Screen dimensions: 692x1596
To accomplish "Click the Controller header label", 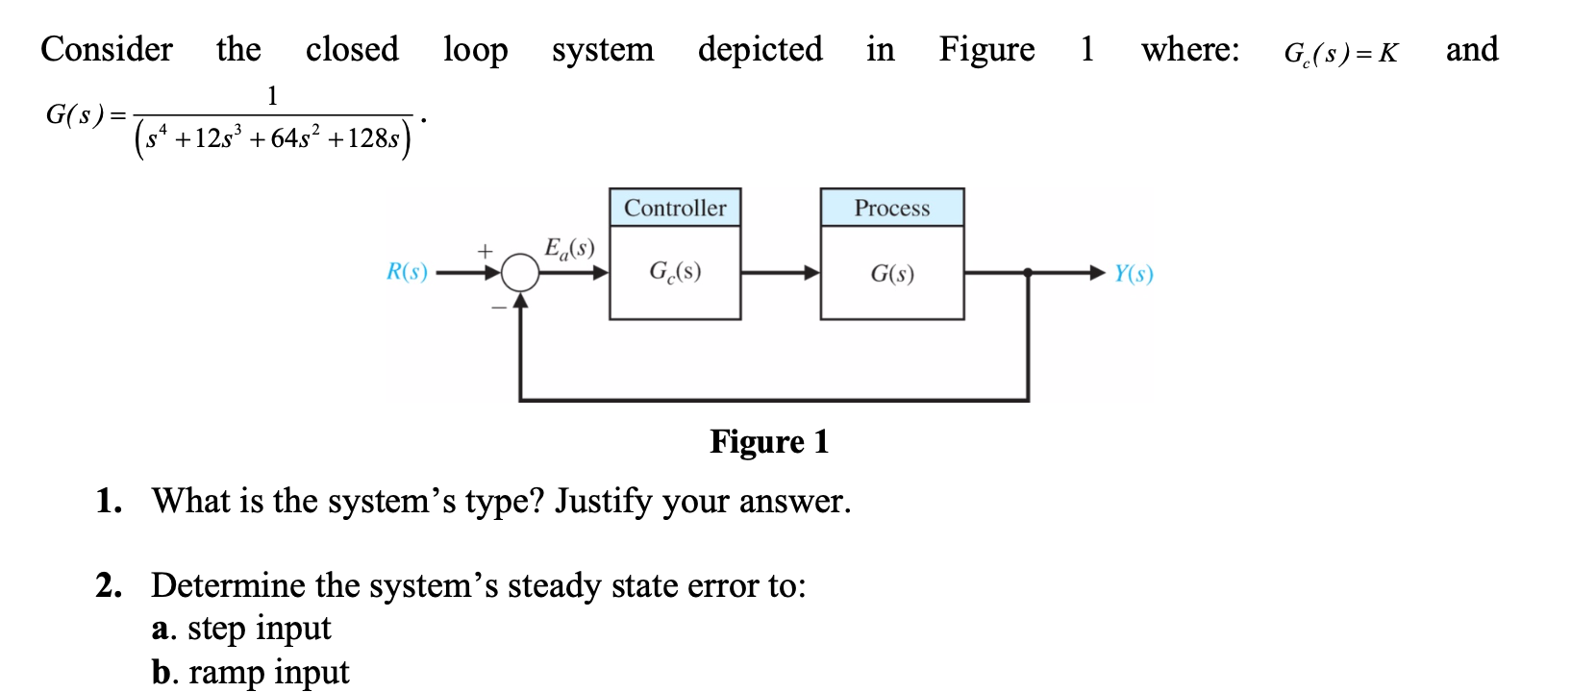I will pyautogui.click(x=675, y=208).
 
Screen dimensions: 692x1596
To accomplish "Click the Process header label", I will pyautogui.click(x=891, y=208).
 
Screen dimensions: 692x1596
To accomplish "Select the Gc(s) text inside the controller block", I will pyautogui.click(x=675, y=272).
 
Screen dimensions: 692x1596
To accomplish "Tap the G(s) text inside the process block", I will pyautogui.click(x=891, y=274).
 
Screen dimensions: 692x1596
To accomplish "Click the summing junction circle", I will pyautogui.click(x=520, y=273).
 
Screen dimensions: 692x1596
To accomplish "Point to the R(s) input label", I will pyautogui.click(x=407, y=272).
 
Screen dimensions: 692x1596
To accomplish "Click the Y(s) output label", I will pyautogui.click(x=1134, y=274).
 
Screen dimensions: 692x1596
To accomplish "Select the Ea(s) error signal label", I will pyautogui.click(x=569, y=248).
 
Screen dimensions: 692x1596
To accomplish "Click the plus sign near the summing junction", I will pyautogui.click(x=486, y=251).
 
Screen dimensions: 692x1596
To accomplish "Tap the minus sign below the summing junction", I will pyautogui.click(x=498, y=308).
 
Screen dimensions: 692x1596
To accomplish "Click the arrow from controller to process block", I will pyautogui.click(x=780, y=273).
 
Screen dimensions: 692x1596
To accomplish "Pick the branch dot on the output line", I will pyautogui.click(x=1028, y=273).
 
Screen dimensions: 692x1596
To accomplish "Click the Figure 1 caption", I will pyautogui.click(x=768, y=441).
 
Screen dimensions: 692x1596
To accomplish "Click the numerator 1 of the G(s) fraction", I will pyautogui.click(x=272, y=95).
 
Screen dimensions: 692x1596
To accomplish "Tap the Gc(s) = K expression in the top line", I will pyautogui.click(x=1340, y=52).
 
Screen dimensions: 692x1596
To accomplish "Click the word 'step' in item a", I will pyautogui.click(x=215, y=628).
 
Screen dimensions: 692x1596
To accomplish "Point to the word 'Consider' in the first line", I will pyautogui.click(x=107, y=49).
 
